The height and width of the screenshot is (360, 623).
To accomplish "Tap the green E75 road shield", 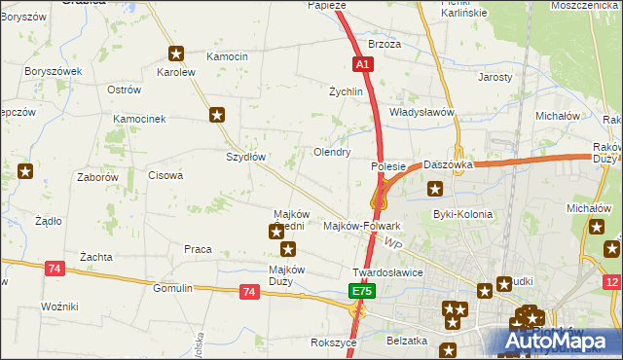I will click(361, 291).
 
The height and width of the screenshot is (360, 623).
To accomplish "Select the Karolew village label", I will click(176, 72).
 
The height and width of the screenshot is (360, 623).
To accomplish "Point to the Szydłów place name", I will click(246, 157).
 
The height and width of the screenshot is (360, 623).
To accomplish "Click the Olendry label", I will click(331, 153).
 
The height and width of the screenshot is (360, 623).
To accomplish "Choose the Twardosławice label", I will click(387, 272).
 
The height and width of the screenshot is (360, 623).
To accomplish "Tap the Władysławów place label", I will click(422, 112).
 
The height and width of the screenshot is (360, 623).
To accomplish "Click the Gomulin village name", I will click(173, 289).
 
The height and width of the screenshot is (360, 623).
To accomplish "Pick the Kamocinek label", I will click(140, 119).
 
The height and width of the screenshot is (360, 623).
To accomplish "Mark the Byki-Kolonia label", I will click(462, 214).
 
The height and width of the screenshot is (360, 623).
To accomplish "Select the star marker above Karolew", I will click(176, 54).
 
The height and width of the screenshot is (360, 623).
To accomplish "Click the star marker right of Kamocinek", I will click(217, 115).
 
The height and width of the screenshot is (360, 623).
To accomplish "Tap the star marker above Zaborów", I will click(25, 172).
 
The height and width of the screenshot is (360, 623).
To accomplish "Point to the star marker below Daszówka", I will click(434, 188).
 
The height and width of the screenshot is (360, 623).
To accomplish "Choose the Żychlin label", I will click(346, 91).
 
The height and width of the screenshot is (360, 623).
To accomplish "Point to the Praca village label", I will click(198, 249).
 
